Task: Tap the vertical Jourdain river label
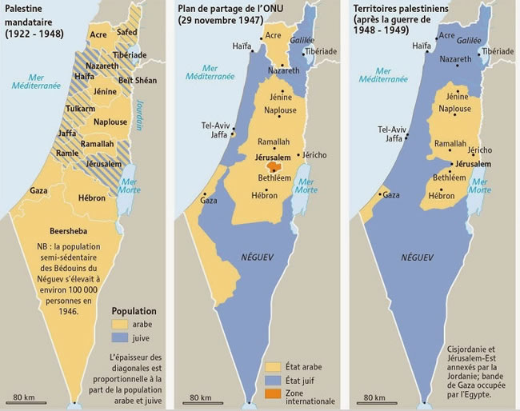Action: tap(138, 115)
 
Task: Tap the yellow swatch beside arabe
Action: tap(120, 325)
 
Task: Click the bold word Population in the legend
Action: tap(134, 311)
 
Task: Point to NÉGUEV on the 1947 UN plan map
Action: tap(259, 257)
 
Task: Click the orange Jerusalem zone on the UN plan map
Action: tap(275, 169)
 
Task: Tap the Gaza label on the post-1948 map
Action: tap(391, 194)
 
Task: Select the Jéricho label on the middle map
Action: tap(313, 154)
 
